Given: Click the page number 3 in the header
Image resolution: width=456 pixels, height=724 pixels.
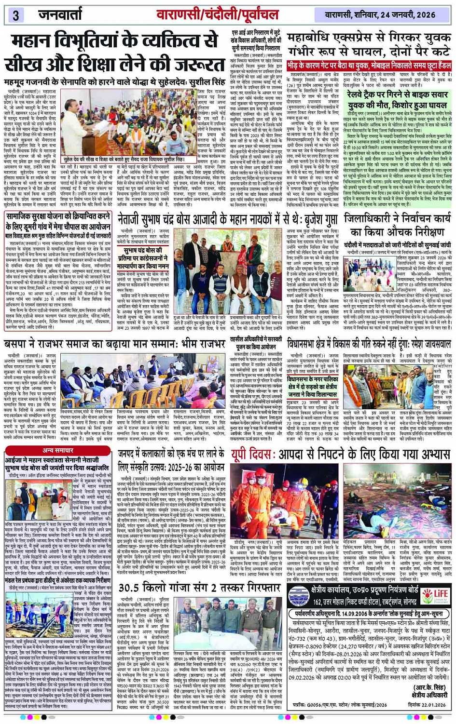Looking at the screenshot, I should pyautogui.click(x=15, y=15).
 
